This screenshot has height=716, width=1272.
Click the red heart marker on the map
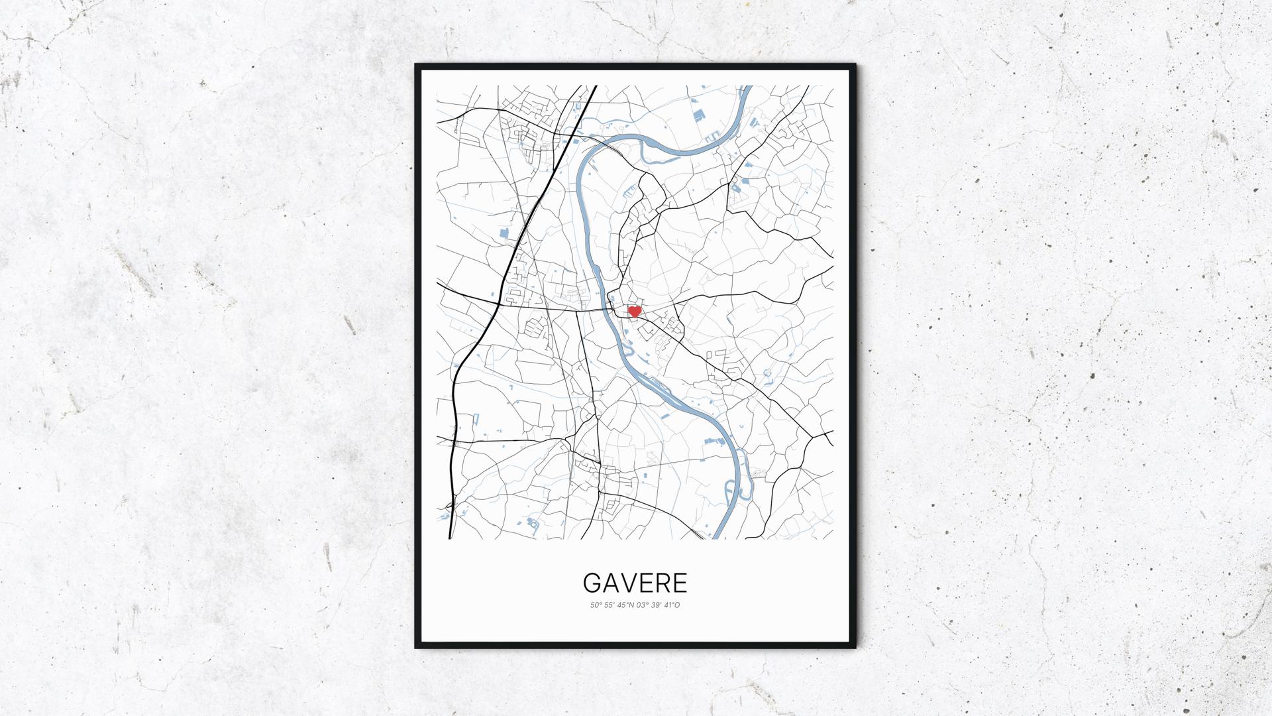coord(634,311)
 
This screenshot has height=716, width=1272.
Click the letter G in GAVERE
coord(592,583)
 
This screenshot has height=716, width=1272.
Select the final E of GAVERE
coord(680,583)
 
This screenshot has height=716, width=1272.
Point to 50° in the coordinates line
coord(596,605)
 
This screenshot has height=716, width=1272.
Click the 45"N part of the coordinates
coord(626,605)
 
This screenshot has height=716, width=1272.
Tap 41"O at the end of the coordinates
coord(673,605)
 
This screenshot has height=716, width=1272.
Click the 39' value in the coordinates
coord(658,605)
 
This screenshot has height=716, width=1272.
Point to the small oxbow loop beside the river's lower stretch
coord(742,477)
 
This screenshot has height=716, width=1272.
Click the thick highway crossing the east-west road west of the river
coord(498,304)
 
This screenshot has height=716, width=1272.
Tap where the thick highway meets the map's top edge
coord(594,87)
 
